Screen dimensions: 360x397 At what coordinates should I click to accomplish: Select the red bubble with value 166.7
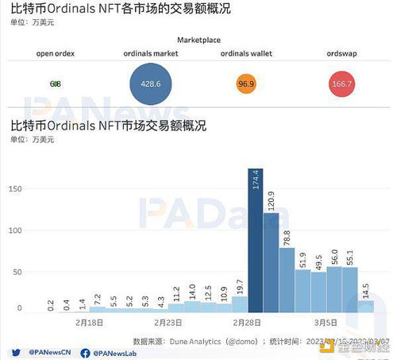coord(341,83)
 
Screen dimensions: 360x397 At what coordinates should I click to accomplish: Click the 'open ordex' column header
coord(56,53)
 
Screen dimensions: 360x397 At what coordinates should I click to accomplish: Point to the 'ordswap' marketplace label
coord(341,53)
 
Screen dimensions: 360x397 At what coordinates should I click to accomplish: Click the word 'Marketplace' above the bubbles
coord(198,40)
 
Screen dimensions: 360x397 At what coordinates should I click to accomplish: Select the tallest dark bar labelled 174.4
coord(256,246)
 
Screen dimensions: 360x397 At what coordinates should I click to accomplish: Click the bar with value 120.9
coord(272,262)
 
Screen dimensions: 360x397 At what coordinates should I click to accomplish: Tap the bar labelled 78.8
coord(287,278)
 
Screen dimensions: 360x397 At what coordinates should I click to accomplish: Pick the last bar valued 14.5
coord(365,306)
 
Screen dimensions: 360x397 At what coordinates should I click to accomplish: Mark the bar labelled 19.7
coord(240,304)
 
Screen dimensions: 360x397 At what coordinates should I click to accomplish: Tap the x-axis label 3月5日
coord(326,323)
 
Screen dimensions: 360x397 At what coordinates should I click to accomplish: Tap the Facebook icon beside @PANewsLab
coord(85,351)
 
